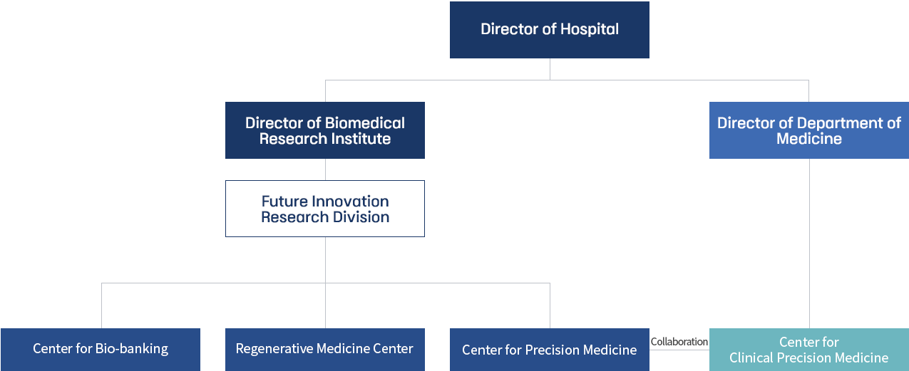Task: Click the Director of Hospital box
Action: click(550, 30)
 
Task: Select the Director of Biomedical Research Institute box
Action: click(325, 130)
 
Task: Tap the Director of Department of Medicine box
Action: click(809, 130)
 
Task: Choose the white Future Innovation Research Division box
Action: click(325, 209)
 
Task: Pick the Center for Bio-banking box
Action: click(101, 350)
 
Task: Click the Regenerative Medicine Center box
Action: click(325, 350)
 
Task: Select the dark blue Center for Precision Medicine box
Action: click(550, 350)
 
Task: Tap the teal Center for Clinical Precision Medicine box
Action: click(809, 350)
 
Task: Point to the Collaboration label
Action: click(679, 342)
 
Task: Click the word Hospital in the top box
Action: click(590, 29)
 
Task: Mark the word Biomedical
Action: click(365, 123)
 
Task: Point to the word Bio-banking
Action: click(132, 349)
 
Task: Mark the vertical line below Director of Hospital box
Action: click(550, 69)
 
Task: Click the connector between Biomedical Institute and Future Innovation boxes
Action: click(325, 169)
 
